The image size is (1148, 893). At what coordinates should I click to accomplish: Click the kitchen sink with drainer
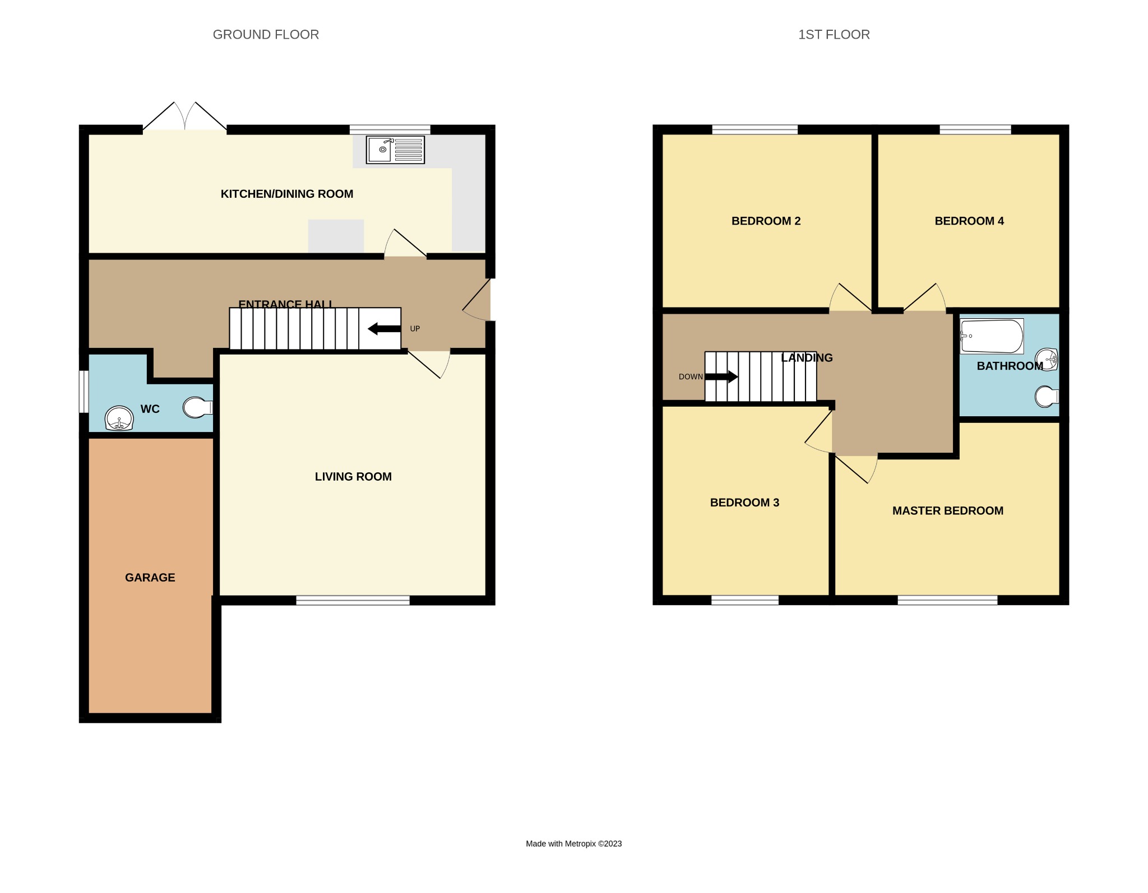coord(395,150)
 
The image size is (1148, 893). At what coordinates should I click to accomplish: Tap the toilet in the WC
coord(197,407)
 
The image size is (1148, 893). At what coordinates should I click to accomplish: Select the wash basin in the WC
coord(119,418)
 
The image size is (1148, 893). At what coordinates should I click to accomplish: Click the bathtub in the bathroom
coord(992,336)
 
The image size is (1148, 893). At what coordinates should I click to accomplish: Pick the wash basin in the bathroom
coord(1047,359)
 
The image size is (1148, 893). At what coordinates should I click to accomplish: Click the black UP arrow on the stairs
coord(384,329)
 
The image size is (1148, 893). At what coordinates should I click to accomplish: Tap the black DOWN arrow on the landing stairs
coord(721,376)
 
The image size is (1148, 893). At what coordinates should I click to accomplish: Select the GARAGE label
coord(150,578)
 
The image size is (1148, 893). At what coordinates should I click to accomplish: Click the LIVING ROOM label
coord(353,477)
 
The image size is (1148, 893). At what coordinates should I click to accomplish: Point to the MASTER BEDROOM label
coord(948,511)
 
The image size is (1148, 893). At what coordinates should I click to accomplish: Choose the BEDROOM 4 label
coord(969,221)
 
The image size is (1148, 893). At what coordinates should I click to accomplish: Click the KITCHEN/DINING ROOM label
coord(287,194)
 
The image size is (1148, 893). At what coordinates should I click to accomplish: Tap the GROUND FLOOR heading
coord(266,35)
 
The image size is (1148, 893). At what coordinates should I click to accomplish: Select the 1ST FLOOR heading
coord(834,35)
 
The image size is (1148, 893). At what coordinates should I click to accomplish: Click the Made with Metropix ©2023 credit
coord(573,844)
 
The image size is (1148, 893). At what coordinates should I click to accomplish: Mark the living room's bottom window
coord(353,601)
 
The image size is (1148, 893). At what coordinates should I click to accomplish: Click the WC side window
coord(84,391)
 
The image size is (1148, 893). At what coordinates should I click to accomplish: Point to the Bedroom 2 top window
coord(754,130)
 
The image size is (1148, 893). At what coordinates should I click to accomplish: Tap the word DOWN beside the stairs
coord(691,377)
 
